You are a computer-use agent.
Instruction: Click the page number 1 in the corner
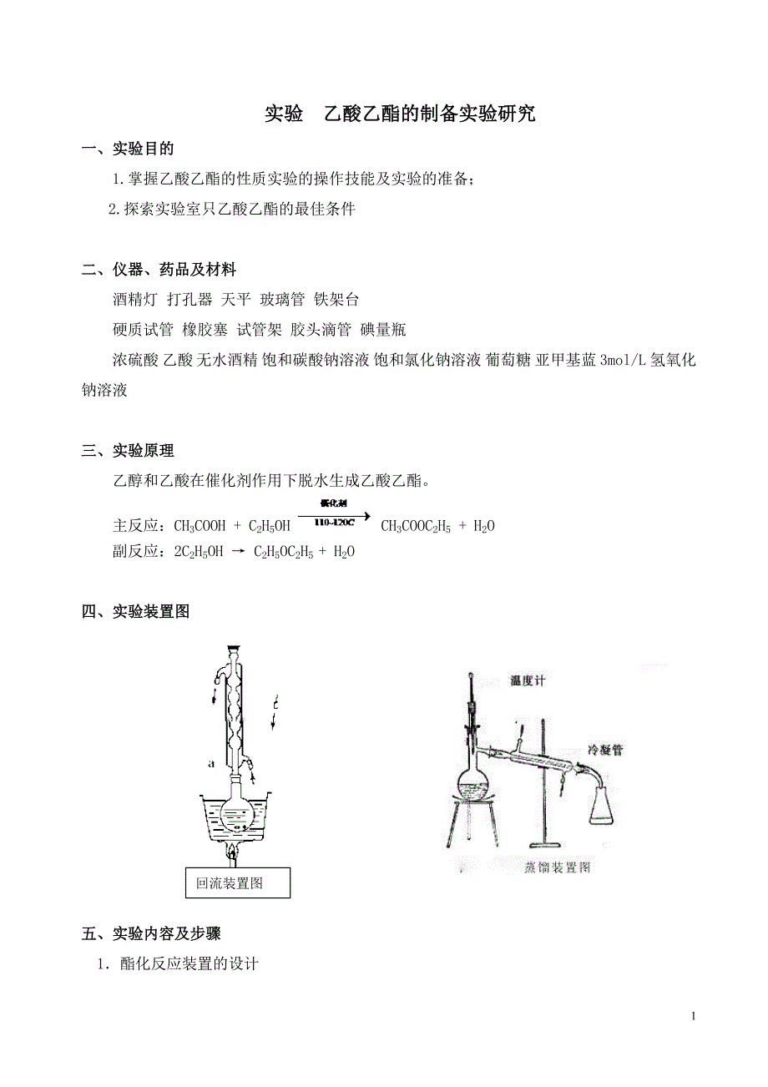693,1016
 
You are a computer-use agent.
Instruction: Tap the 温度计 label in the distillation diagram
528,680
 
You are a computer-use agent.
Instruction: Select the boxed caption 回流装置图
230,882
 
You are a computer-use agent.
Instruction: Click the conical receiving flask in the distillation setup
606,804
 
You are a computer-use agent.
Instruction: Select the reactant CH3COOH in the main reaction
200,526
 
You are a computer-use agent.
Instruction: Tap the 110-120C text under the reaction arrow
335,523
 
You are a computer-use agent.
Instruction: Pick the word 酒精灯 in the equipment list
135,300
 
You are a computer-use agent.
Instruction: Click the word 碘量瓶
383,330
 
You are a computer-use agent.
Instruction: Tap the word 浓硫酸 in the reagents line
135,360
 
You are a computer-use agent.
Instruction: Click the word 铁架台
336,300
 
